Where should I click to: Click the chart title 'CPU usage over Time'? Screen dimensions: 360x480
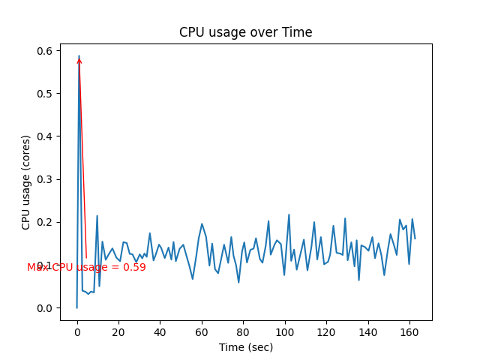(245, 32)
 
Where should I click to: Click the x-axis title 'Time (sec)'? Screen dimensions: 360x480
(245, 347)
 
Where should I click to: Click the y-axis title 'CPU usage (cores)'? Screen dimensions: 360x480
(26, 182)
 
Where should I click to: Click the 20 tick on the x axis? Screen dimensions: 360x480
(118, 331)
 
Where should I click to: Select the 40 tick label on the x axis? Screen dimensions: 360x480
(160, 331)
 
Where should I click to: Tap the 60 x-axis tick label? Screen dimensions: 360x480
(202, 331)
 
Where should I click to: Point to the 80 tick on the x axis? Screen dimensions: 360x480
(243, 331)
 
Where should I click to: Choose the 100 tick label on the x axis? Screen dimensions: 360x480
(284, 331)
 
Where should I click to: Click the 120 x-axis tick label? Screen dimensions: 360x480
(326, 331)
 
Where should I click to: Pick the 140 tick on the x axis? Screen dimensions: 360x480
(367, 331)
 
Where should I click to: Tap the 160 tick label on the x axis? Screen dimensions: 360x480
(409, 331)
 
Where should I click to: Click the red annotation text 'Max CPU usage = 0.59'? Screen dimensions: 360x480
(86, 267)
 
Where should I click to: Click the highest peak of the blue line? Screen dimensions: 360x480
(79, 55)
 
